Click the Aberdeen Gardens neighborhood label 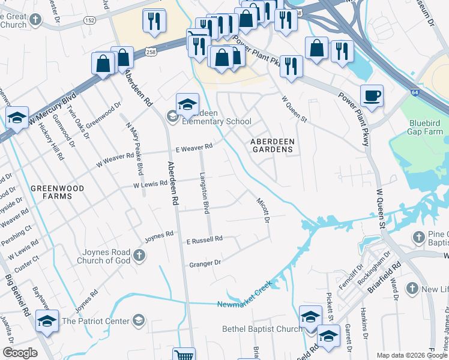coord(273,145)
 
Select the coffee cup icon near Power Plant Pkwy coord(372,96)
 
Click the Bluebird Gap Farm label coord(426,127)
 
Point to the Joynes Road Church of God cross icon coord(139,256)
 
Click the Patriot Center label coord(95,321)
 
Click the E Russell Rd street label coord(204,239)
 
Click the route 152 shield coord(90,20)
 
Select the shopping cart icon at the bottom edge coord(183,355)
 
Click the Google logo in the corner coord(19,353)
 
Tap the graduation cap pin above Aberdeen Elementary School coord(187,104)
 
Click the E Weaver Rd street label coord(194,147)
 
